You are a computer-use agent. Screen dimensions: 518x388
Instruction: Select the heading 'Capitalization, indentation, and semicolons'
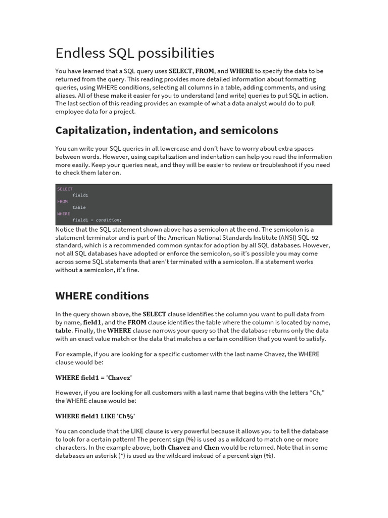pyautogui.click(x=167, y=131)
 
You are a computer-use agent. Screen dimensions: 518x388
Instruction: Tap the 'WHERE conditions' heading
pyautogui.click(x=102, y=296)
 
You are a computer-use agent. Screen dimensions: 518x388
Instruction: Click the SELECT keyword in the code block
pyautogui.click(x=65, y=189)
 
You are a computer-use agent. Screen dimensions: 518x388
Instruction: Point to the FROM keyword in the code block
pyautogui.click(x=62, y=201)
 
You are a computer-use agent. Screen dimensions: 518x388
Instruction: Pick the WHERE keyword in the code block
pyautogui.click(x=64, y=214)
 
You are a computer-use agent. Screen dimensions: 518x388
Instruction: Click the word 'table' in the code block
pyautogui.click(x=79, y=207)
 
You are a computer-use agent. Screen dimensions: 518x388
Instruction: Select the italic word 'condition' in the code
pyautogui.click(x=108, y=220)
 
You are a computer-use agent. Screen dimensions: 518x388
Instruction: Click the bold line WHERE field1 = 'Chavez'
pyautogui.click(x=93, y=377)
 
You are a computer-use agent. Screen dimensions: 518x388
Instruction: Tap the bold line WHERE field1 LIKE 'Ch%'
pyautogui.click(x=95, y=416)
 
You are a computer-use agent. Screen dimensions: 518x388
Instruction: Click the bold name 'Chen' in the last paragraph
pyautogui.click(x=212, y=448)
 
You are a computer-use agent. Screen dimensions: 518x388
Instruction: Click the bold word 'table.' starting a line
pyautogui.click(x=64, y=331)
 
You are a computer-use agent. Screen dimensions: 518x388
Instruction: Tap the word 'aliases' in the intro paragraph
pyautogui.click(x=66, y=96)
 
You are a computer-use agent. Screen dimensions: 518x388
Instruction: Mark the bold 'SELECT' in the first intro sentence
pyautogui.click(x=180, y=71)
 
